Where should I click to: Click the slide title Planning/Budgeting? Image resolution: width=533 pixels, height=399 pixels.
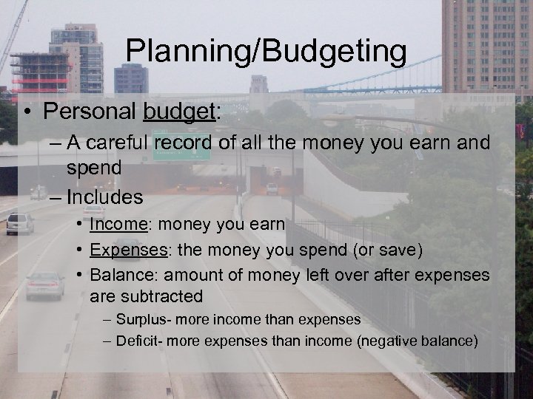[266, 52]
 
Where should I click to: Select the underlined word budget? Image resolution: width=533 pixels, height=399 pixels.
[180, 112]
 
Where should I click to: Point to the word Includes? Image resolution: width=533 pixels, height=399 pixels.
[104, 197]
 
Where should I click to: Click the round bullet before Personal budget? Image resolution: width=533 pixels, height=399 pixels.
[26, 112]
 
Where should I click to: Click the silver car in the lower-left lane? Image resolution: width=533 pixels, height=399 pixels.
[44, 285]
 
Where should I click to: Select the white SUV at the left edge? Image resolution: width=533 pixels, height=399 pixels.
[20, 223]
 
